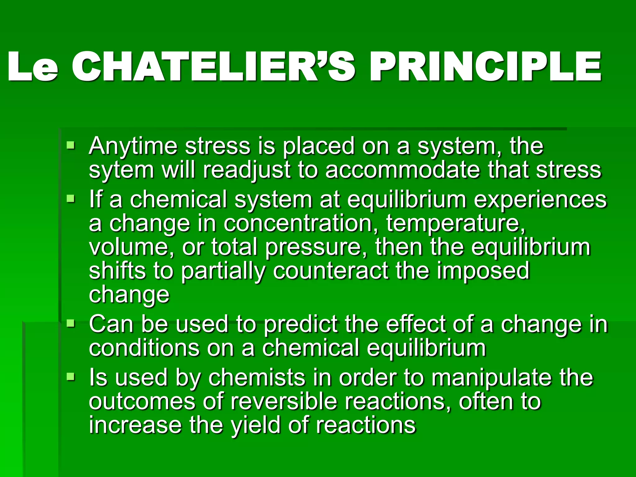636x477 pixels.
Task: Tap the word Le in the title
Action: coord(33,67)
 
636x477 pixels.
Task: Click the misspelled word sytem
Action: coord(121,170)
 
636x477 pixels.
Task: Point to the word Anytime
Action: coord(133,146)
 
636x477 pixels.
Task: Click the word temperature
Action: coord(455,224)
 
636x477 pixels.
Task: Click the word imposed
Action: coord(483,271)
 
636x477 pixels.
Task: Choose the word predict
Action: coord(301,324)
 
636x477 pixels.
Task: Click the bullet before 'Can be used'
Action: coord(71,324)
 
